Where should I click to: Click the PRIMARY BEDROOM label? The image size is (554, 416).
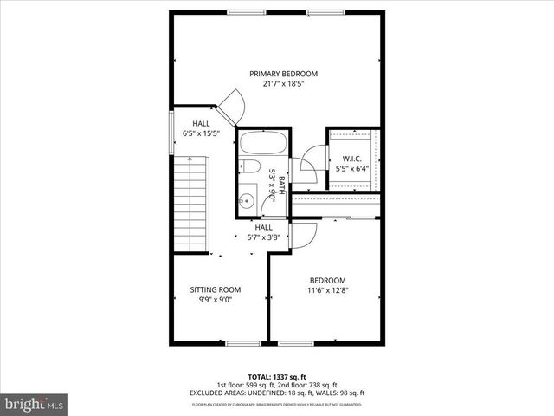point(284,74)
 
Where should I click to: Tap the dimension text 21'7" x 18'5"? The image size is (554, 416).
point(284,84)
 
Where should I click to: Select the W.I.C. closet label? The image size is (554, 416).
point(351,158)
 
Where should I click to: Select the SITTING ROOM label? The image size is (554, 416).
point(216,289)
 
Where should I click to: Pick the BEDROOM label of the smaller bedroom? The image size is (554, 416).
point(328,281)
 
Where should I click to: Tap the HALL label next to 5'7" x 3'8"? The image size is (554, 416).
point(263,227)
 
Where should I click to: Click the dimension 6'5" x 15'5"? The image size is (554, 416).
point(201,134)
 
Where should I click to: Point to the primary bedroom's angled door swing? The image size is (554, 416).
point(233,106)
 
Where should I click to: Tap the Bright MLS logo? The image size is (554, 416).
point(35,404)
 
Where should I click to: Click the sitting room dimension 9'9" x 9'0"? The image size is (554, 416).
point(216,300)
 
